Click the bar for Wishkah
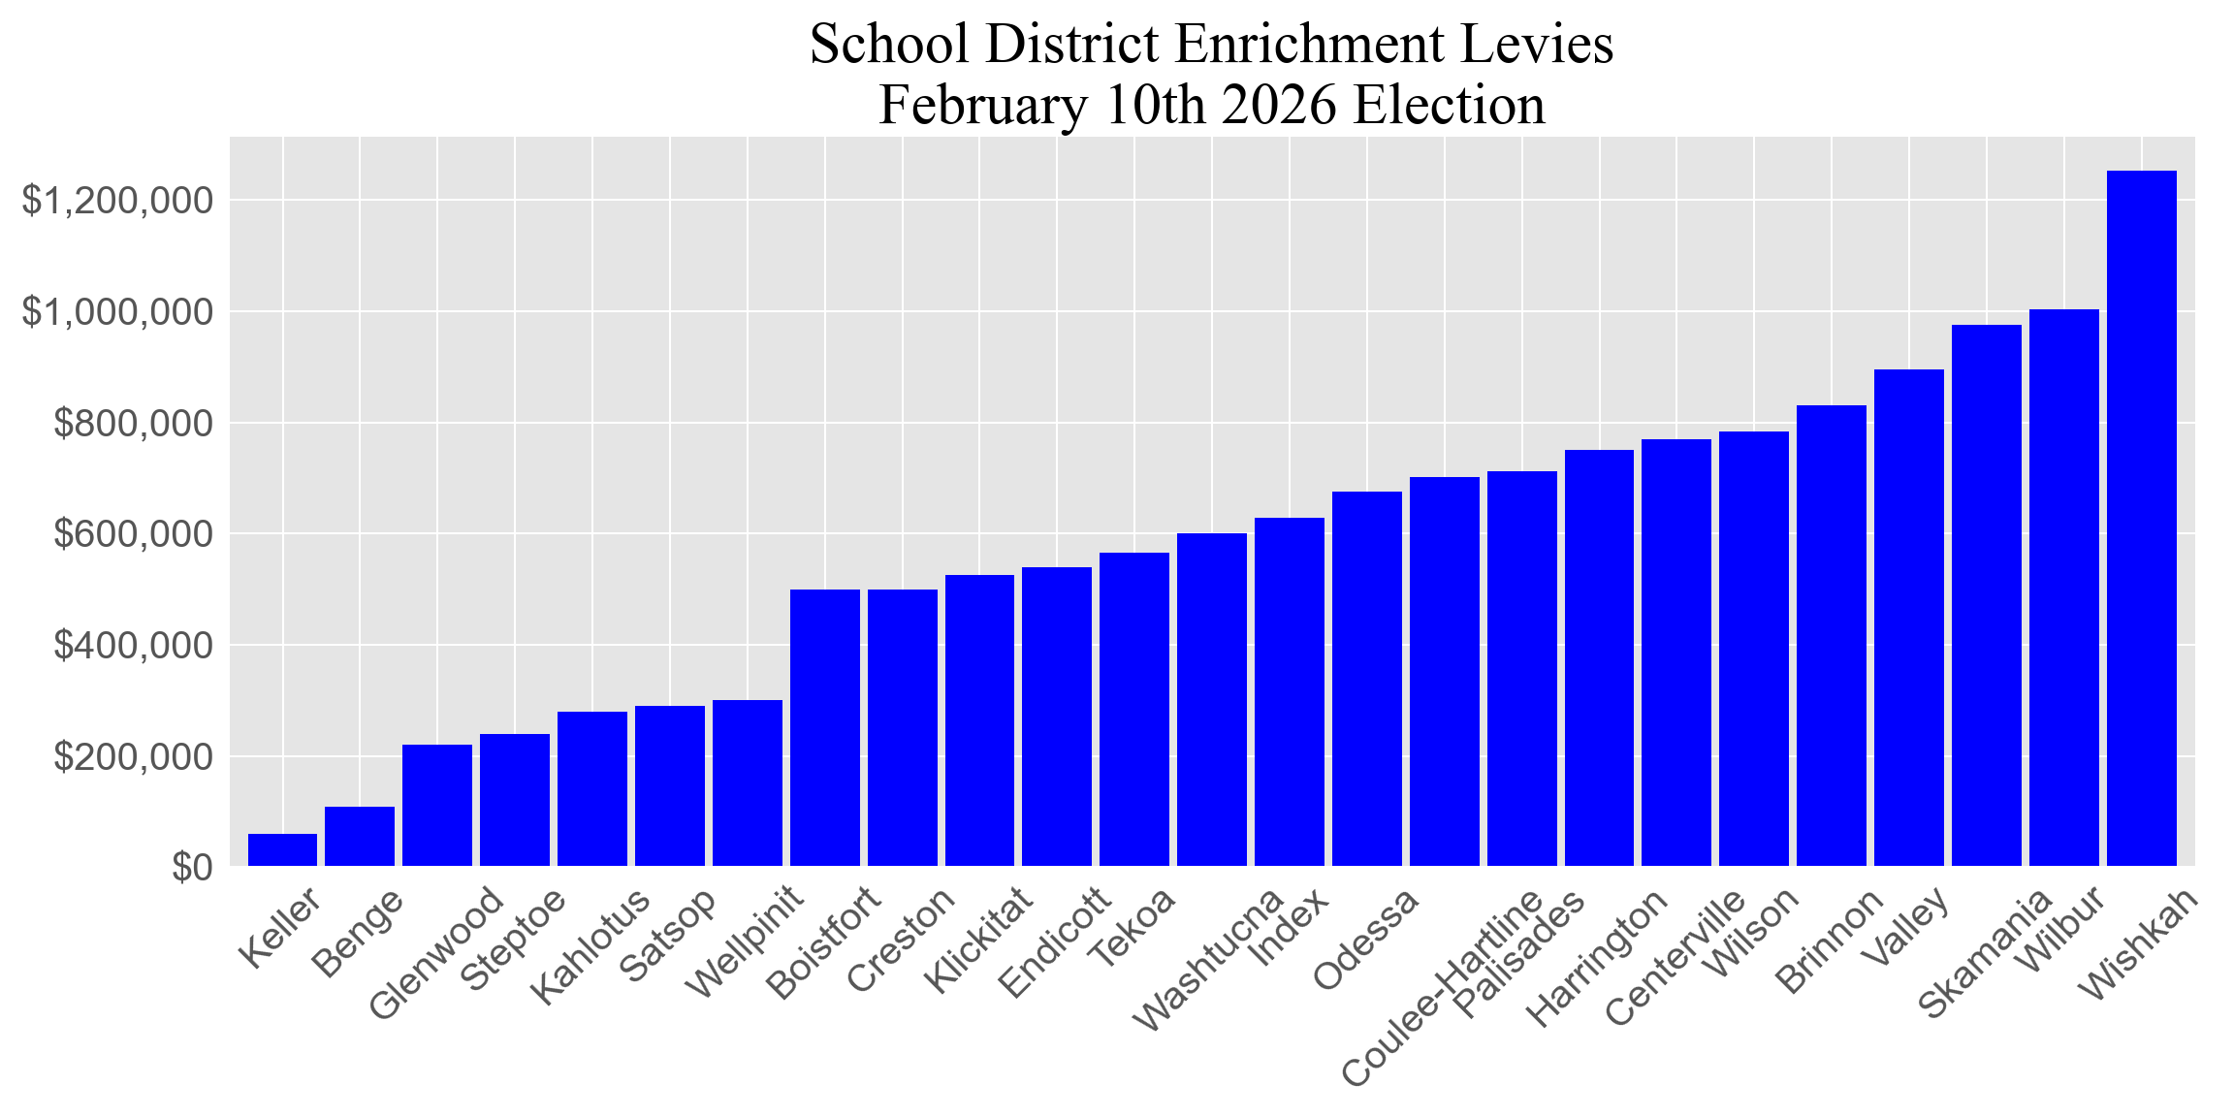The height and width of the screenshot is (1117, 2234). tap(2141, 519)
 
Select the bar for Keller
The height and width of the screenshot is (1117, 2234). tap(282, 849)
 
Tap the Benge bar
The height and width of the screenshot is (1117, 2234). tap(360, 836)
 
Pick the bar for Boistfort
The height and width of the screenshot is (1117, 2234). tap(824, 727)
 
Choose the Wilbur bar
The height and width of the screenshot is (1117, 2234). tap(2063, 588)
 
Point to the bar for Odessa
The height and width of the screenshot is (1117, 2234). tap(1366, 679)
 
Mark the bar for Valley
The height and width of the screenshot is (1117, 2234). tap(1908, 618)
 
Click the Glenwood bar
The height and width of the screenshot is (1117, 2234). tap(437, 805)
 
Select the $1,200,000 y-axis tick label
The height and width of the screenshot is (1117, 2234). tap(117, 201)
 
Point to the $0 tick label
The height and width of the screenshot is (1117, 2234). tap(192, 868)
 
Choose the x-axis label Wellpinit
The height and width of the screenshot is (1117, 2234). tap(745, 941)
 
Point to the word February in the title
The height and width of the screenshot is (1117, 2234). tap(983, 106)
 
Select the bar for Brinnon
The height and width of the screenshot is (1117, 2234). tap(1831, 635)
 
